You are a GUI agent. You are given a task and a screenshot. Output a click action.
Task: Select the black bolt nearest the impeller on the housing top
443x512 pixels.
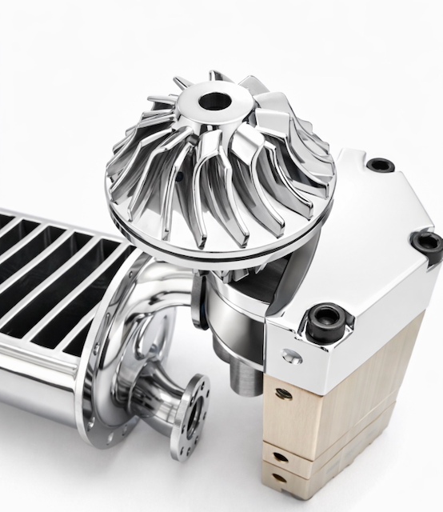click(x=380, y=166)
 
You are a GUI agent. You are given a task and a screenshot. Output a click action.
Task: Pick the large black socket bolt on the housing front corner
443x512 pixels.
click(x=327, y=321)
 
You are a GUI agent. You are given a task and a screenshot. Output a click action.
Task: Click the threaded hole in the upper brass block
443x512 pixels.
click(x=281, y=393)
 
